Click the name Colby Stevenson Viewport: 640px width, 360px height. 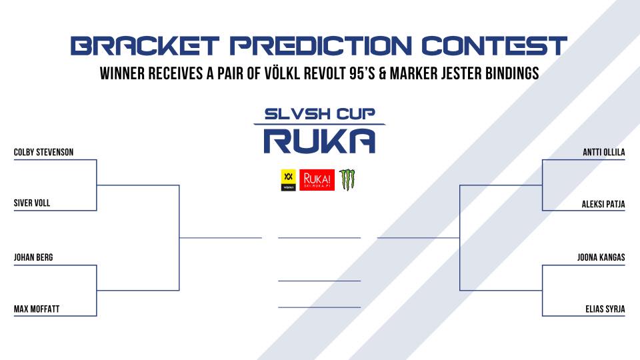[44, 152]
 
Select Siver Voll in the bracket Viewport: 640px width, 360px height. [32, 203]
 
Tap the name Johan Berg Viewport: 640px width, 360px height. [33, 257]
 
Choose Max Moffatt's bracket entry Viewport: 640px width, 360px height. [37, 309]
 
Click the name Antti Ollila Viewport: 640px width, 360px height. [604, 152]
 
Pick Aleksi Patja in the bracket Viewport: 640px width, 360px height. [603, 204]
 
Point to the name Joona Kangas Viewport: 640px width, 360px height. [601, 257]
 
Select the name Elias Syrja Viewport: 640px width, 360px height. [605, 309]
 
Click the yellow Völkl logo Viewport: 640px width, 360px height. [288, 180]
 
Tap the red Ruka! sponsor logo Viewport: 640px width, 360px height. [317, 180]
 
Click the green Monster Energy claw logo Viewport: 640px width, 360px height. [347, 180]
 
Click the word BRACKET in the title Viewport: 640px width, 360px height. [145, 46]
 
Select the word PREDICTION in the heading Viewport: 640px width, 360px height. [321, 46]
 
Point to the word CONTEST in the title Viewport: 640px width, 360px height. [494, 46]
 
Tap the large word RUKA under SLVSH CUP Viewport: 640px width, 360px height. [319, 141]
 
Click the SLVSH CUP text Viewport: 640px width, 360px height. [319, 114]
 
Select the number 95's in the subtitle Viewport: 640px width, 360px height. [362, 73]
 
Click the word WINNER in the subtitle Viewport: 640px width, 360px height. [123, 73]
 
